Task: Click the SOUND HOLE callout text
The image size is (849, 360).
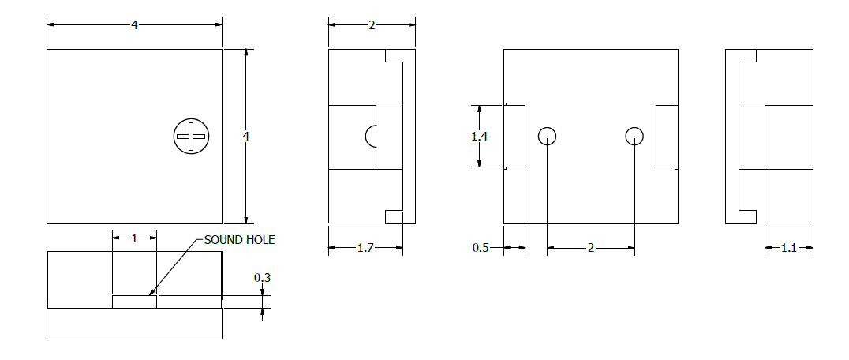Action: [239, 240]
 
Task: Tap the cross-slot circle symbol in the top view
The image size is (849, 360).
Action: [191, 136]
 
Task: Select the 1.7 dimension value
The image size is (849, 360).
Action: [365, 248]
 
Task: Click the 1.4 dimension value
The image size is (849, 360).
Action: [479, 137]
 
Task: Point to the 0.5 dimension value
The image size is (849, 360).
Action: [481, 248]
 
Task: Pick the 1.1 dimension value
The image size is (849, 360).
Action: [789, 248]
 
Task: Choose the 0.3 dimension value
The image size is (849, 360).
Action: [263, 278]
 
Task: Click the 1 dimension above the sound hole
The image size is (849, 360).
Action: [134, 238]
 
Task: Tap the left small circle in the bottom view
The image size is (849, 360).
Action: [548, 136]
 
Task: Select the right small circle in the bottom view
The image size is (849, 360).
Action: [634, 136]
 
